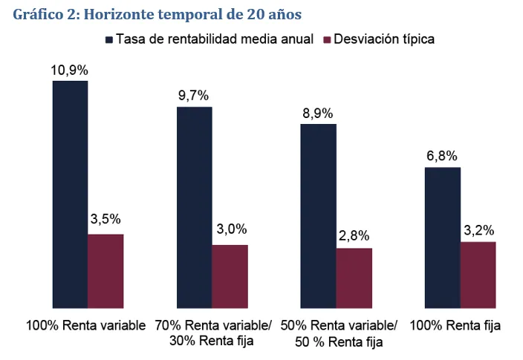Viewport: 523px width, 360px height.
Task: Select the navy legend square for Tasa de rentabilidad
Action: (109, 39)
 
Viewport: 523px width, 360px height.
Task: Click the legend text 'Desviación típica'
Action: (385, 39)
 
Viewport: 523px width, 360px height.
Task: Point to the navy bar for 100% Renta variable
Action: (70, 194)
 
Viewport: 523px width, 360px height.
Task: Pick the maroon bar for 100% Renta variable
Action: (105, 270)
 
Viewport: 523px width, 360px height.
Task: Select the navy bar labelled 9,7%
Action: (194, 207)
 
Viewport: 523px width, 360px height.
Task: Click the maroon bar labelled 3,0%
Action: (230, 276)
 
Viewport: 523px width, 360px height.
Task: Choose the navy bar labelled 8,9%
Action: (318, 215)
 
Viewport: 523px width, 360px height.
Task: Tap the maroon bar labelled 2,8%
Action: (354, 278)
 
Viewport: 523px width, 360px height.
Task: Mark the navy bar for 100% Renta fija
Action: (442, 237)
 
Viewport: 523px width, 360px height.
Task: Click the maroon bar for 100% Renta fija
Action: (478, 274)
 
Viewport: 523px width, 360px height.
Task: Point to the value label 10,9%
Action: (70, 71)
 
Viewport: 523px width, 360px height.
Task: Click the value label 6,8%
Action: (442, 157)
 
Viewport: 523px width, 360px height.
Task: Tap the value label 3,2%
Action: (478, 229)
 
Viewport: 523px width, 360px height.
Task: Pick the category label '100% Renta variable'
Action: (85, 326)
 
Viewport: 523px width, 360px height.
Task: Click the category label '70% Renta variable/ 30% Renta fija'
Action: (213, 333)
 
